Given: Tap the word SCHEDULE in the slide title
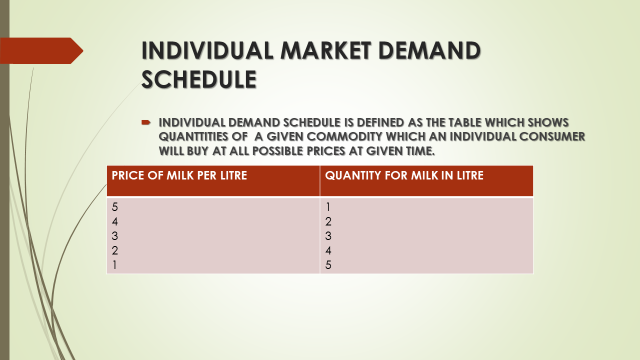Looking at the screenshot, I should [x=198, y=78].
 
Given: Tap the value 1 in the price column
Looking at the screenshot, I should [x=115, y=265].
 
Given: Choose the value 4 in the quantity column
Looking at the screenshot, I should [x=328, y=251].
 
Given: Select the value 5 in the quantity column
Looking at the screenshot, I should [x=328, y=265].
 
